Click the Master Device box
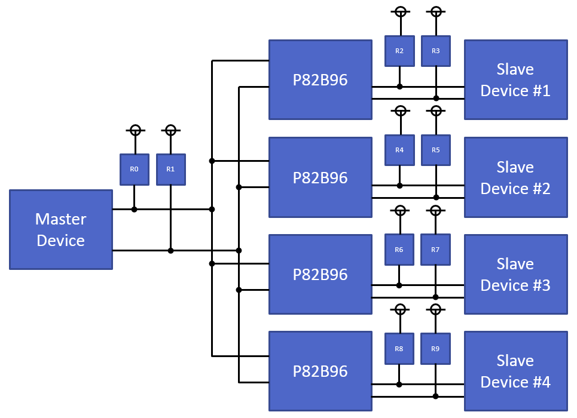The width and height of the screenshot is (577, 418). (61, 230)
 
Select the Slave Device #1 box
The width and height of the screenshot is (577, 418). (515, 80)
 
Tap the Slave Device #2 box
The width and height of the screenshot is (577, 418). (515, 177)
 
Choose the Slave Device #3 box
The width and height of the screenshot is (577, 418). (515, 274)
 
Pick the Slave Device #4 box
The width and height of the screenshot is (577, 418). (515, 371)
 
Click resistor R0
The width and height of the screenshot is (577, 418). (134, 169)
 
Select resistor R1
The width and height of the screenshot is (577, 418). (170, 169)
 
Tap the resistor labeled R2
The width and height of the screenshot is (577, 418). (399, 51)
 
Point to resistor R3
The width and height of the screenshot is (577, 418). (436, 51)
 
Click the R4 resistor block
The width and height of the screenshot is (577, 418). (399, 150)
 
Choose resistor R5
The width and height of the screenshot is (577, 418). (436, 150)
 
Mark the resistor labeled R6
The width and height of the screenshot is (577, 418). (399, 250)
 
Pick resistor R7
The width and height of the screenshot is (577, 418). (436, 250)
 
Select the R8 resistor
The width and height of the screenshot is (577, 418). (399, 349)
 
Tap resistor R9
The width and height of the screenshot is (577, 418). (436, 349)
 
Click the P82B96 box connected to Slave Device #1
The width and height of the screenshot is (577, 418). (320, 80)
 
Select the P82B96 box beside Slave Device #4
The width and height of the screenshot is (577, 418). (320, 371)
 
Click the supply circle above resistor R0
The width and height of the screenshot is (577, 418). (135, 130)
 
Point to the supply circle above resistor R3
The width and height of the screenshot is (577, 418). (436, 11)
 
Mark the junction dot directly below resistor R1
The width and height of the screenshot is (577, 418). (170, 251)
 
